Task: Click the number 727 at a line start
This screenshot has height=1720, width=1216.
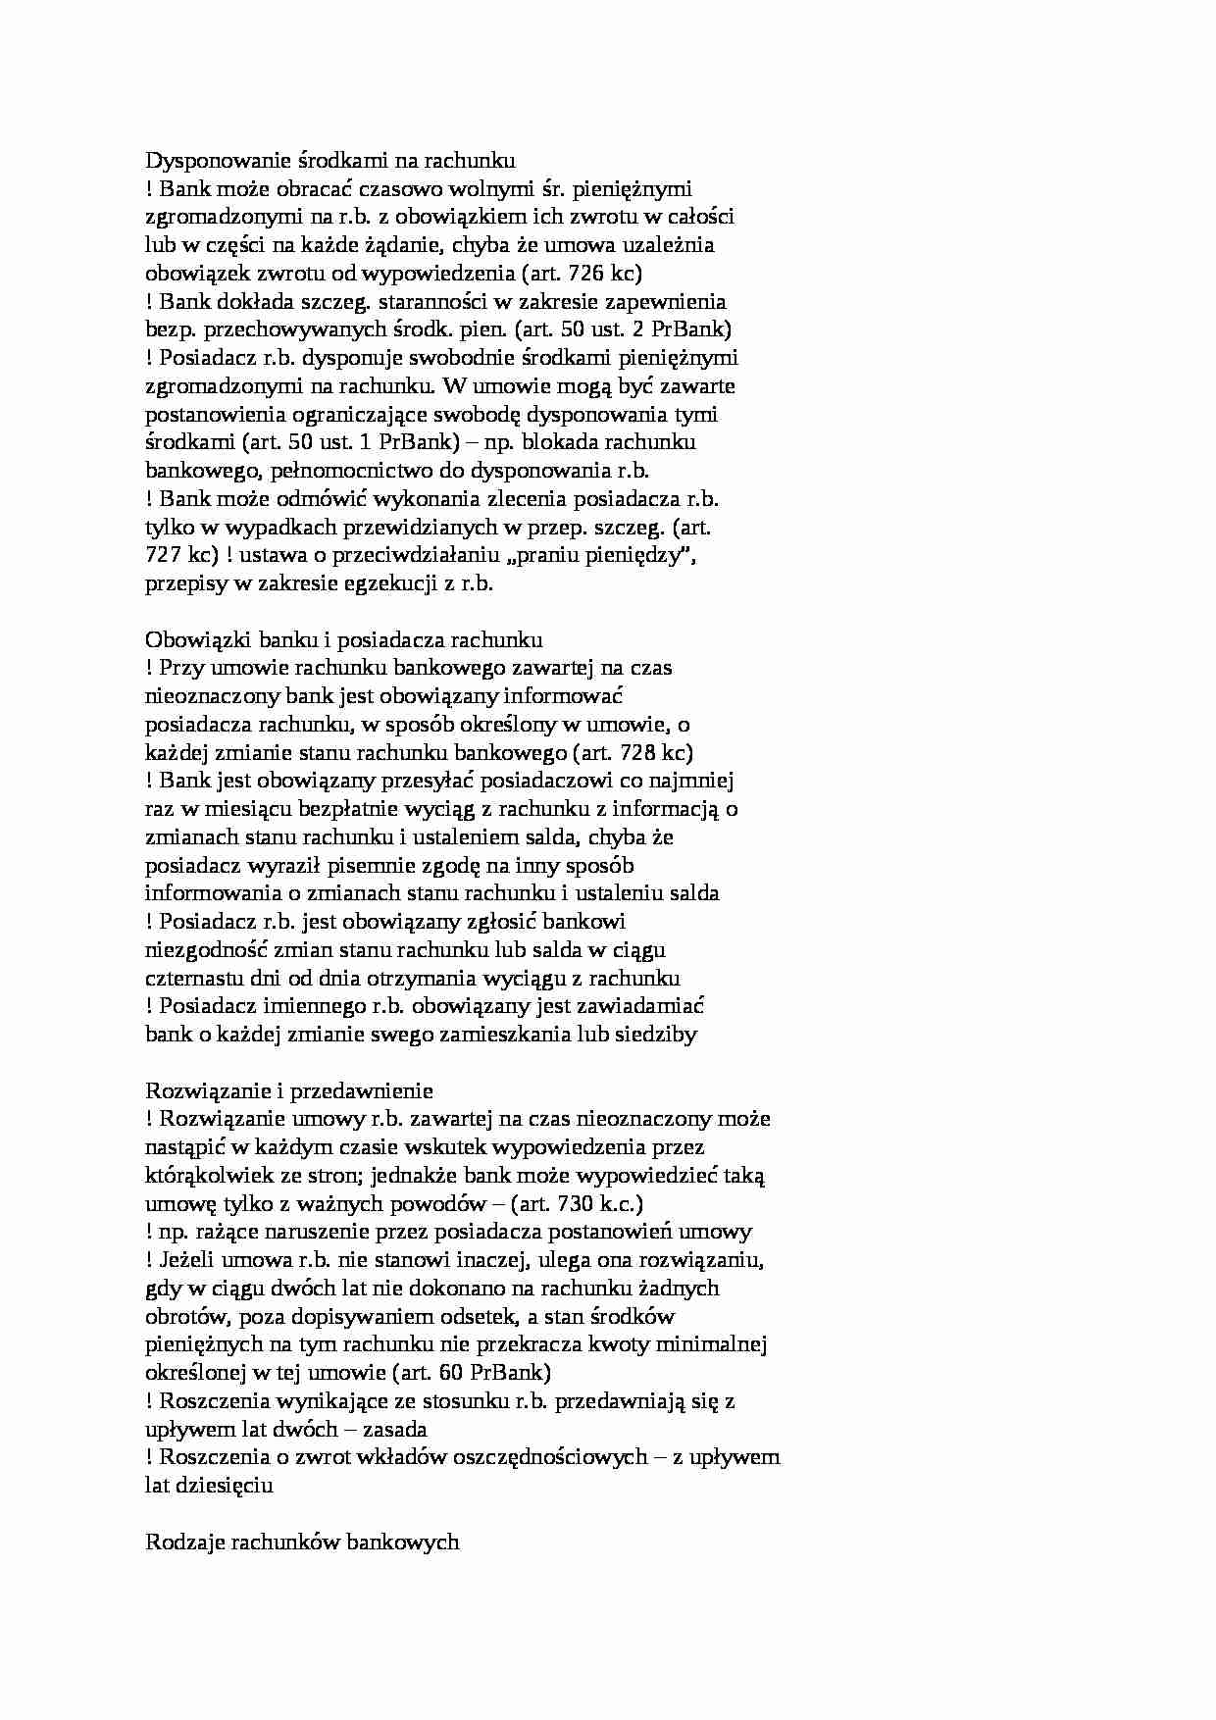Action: (x=162, y=555)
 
